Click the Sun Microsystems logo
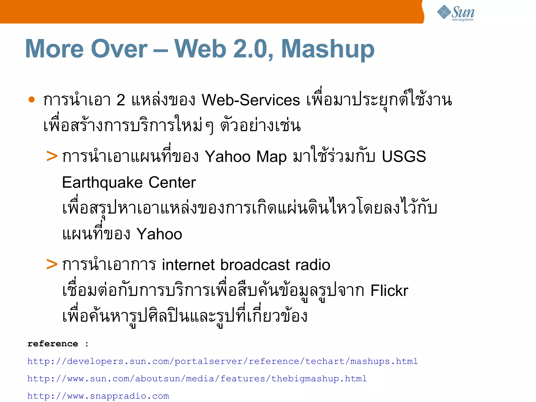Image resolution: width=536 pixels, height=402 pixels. (455, 13)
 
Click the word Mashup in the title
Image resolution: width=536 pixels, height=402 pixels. (328, 49)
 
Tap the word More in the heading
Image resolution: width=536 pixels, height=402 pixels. (54, 49)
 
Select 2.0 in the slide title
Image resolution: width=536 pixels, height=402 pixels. (253, 49)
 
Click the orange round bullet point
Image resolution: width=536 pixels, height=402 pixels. (32, 100)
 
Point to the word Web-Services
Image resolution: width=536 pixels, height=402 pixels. (250, 100)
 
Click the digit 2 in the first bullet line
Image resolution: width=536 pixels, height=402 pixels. (121, 100)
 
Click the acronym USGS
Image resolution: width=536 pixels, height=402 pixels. (404, 156)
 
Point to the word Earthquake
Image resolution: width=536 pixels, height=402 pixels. (102, 183)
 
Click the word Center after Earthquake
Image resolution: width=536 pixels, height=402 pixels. (172, 182)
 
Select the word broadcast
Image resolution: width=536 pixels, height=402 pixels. (255, 265)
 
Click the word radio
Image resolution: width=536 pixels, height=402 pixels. (313, 265)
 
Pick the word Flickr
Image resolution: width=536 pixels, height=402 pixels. (389, 290)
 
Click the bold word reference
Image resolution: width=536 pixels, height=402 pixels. (53, 344)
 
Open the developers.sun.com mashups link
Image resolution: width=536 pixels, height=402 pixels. (222, 361)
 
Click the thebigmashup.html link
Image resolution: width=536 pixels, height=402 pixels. (197, 379)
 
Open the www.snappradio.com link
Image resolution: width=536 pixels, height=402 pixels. (98, 396)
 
